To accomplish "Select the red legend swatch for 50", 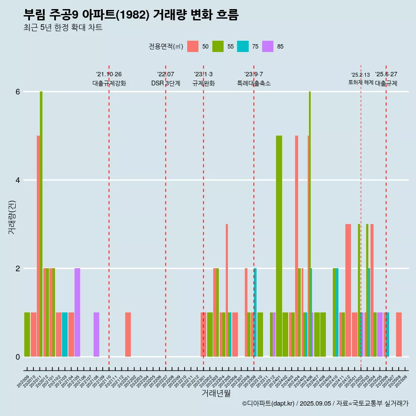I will [193, 46].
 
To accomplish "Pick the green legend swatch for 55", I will [218, 46].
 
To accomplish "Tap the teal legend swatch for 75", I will [243, 46].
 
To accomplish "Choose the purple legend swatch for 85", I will [268, 46].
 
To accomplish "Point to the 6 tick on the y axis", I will [18, 92].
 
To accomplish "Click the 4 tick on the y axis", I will [18, 180].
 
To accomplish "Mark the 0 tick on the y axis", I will [18, 357].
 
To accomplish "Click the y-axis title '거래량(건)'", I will [12, 217].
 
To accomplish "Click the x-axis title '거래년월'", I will [216, 393].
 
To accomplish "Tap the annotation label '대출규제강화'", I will [109, 83].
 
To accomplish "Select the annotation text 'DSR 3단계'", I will [166, 83].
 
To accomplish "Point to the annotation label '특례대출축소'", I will [254, 83].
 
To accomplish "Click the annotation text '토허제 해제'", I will [361, 82].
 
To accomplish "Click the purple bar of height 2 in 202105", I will [77, 312].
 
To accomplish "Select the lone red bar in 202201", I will [128, 335].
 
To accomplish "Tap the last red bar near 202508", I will [399, 335].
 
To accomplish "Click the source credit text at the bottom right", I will [325, 403].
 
